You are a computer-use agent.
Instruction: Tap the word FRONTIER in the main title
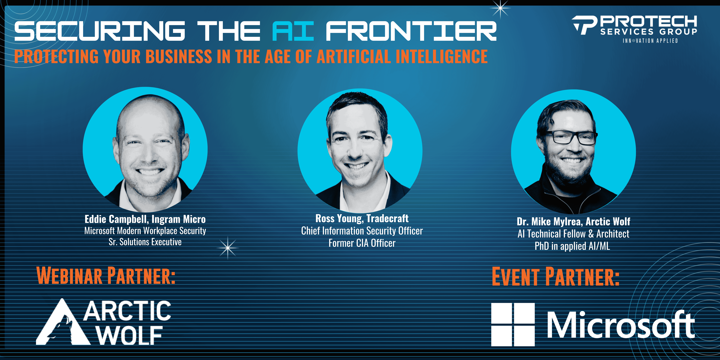click(411, 31)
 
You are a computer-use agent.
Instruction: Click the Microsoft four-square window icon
click(513, 324)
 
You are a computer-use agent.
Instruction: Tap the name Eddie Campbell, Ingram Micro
click(145, 219)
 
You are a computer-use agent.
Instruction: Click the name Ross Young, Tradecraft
click(362, 218)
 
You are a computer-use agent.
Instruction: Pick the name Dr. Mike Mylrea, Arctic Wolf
click(573, 221)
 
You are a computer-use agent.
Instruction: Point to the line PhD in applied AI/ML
click(572, 246)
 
